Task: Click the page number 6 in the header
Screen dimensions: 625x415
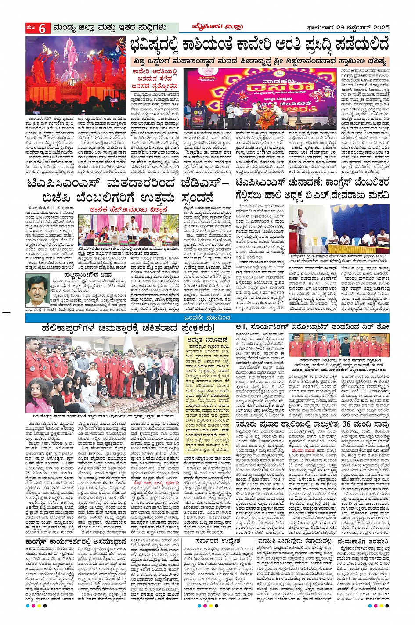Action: [x=42, y=29]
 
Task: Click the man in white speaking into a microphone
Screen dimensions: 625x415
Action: [x=302, y=228]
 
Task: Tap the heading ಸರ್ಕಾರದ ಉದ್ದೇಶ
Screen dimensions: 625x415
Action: [x=223, y=542]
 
